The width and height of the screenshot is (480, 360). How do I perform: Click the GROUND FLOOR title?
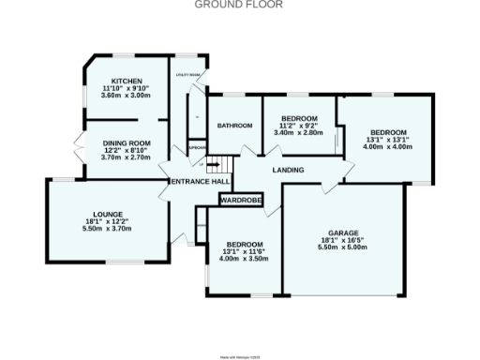[240, 5]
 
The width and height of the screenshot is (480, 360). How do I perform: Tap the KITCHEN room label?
[125, 81]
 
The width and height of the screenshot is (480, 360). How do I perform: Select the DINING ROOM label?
[126, 142]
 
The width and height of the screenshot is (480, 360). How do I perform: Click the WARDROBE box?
[241, 200]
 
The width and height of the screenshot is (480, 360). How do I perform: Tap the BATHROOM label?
[234, 126]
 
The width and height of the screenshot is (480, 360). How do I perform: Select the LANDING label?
[287, 170]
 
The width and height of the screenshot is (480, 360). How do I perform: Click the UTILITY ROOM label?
[189, 74]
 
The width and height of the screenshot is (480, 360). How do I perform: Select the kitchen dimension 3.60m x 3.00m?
[125, 96]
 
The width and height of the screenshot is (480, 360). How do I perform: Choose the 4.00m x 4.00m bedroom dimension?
[388, 146]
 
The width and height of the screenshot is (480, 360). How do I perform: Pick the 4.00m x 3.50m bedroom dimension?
[242, 258]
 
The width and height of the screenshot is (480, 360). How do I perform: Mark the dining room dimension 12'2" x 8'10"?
[126, 150]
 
